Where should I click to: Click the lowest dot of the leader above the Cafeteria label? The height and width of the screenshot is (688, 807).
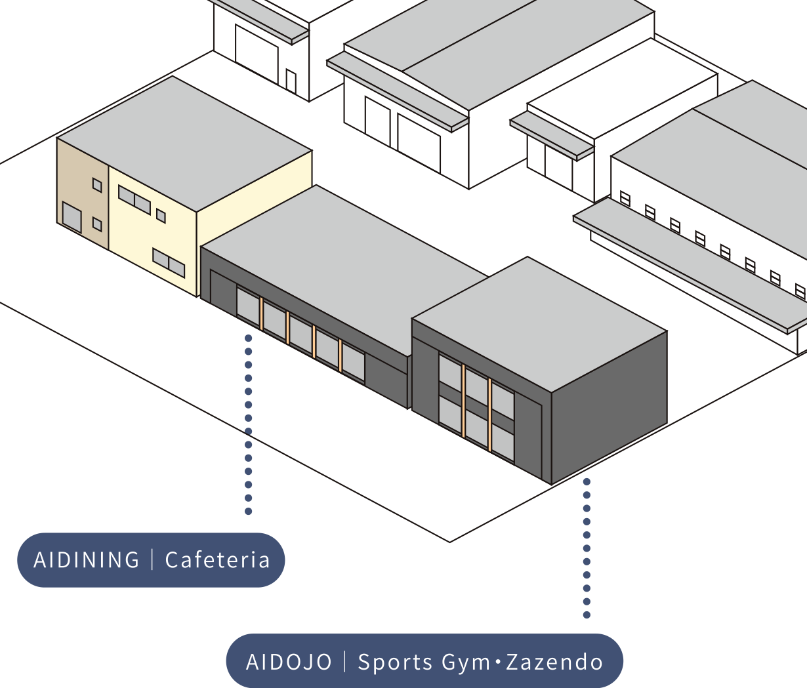[x=248, y=511]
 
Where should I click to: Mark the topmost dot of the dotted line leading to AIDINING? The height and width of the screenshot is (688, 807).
[x=248, y=338]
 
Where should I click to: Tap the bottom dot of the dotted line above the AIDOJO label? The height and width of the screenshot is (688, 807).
[x=587, y=615]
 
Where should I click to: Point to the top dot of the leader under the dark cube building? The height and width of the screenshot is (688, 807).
[x=587, y=481]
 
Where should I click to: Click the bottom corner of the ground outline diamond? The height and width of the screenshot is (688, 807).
[x=450, y=542]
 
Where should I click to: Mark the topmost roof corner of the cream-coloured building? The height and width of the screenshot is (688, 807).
[x=173, y=76]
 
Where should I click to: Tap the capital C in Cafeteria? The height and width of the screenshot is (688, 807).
[x=172, y=560]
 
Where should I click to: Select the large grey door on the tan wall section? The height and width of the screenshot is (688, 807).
[x=72, y=217]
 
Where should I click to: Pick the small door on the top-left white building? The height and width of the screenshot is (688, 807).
[x=291, y=81]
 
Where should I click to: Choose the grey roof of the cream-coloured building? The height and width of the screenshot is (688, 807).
[x=184, y=144]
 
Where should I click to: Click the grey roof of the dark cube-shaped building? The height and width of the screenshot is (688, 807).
[x=539, y=324]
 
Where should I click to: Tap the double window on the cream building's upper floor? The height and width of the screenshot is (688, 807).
[x=134, y=200]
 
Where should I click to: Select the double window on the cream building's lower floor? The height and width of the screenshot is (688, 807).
[x=169, y=262]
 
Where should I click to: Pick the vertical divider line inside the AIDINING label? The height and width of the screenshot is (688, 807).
[x=152, y=559]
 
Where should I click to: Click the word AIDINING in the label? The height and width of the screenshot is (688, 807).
[x=87, y=560]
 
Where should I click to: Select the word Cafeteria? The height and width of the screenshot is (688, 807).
[x=217, y=560]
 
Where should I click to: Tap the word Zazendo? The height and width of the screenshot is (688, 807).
[x=554, y=662]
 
